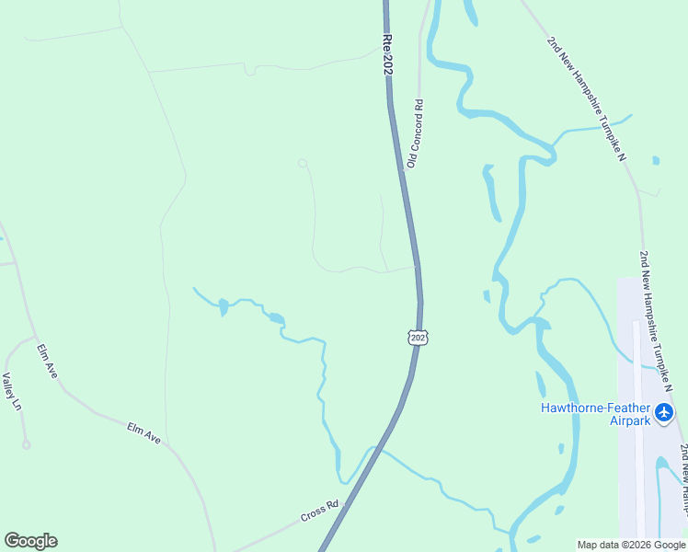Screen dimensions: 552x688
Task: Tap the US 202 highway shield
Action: tap(419, 338)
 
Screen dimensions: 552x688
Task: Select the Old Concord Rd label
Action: tap(415, 133)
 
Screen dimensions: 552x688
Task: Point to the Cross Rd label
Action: tap(320, 511)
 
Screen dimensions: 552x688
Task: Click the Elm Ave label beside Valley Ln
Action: tap(47, 361)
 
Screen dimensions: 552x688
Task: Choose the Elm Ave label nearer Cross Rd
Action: tap(144, 434)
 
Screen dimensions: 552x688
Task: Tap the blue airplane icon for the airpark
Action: tap(665, 414)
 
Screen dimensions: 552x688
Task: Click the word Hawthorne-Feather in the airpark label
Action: tap(595, 408)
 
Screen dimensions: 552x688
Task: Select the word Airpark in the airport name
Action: tap(628, 420)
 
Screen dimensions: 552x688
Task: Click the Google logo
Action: tap(30, 541)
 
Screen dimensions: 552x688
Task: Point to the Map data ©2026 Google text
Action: tap(631, 545)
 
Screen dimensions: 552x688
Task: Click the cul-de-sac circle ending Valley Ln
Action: tap(27, 445)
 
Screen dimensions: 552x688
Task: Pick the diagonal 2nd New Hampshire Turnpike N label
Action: tap(586, 99)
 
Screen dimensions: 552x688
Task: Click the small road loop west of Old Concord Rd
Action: tap(302, 163)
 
